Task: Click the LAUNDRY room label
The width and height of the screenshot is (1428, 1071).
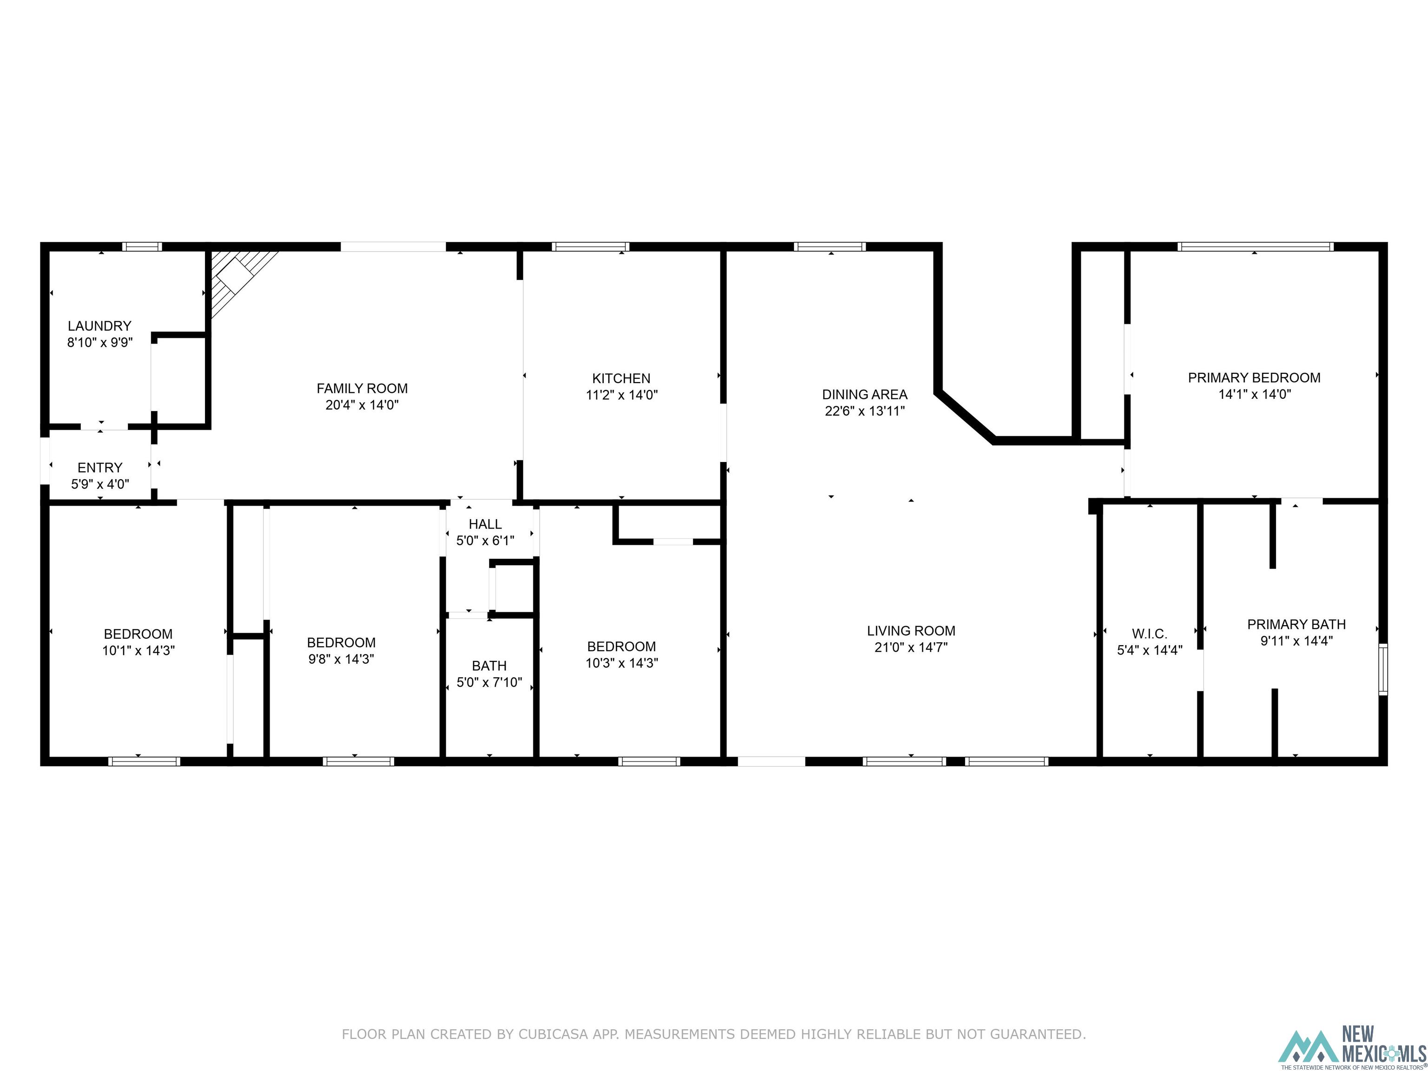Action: (99, 326)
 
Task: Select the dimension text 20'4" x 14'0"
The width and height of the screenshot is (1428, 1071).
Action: (362, 405)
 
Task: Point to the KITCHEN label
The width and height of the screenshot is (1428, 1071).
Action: (621, 378)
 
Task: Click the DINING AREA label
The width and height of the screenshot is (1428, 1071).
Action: (865, 395)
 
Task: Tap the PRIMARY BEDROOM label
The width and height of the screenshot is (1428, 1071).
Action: (1254, 377)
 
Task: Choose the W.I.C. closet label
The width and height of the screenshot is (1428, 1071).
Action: (1149, 634)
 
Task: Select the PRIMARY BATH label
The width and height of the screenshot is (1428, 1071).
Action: (1296, 624)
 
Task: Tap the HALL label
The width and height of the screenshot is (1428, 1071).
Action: (485, 524)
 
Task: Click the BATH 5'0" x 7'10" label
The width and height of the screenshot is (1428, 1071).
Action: (489, 674)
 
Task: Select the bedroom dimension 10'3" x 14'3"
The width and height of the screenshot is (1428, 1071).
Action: (621, 663)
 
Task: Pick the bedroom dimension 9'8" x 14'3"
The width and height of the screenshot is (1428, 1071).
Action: (341, 659)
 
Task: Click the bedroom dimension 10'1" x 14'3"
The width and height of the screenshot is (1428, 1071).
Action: (138, 651)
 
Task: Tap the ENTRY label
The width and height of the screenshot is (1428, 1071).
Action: (99, 467)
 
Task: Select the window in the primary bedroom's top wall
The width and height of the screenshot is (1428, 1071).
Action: (1255, 247)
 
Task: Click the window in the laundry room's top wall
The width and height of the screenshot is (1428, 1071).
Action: (142, 247)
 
